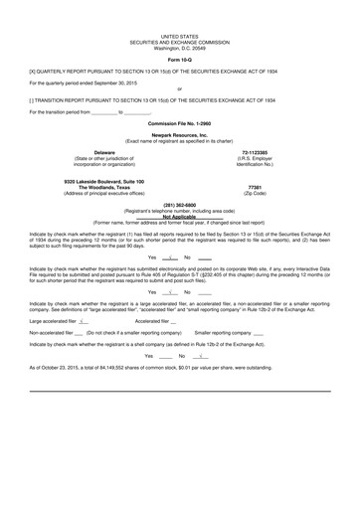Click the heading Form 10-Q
tap(179, 61)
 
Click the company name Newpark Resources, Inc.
tap(179, 132)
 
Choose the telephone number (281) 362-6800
tap(179, 205)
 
